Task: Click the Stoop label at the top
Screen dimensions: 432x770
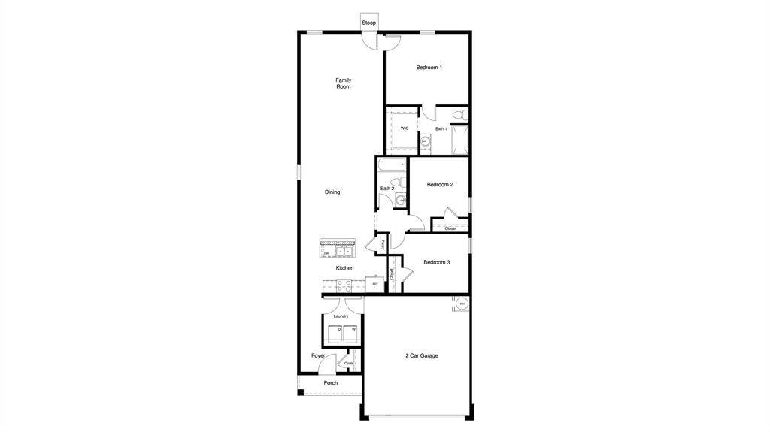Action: (x=368, y=23)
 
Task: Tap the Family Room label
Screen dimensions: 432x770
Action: (x=343, y=83)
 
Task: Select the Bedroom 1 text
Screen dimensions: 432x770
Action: (x=429, y=68)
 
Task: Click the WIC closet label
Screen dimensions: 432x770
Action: (x=404, y=128)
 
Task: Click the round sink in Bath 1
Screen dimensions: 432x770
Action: (x=425, y=140)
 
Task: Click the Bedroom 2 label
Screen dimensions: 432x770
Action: (x=440, y=185)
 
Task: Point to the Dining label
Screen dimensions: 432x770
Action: (x=332, y=192)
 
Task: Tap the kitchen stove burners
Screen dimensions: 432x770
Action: (x=343, y=285)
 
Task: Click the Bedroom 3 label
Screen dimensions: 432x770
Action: (x=436, y=262)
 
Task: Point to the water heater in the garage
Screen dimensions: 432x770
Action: (x=462, y=304)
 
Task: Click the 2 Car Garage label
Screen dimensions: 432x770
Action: (x=421, y=355)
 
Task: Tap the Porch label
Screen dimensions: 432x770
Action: (x=330, y=383)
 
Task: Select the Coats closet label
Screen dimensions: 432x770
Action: (x=349, y=364)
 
